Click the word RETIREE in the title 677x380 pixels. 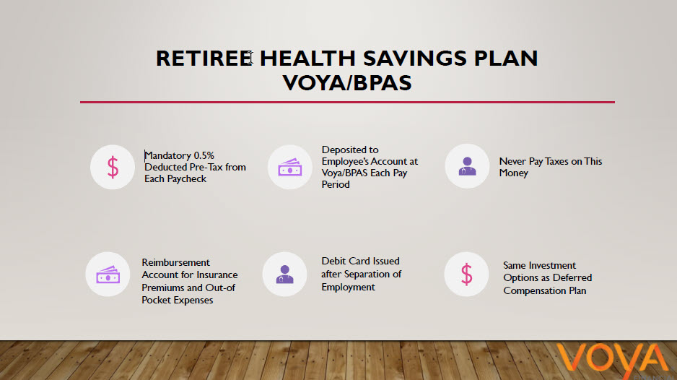point(204,59)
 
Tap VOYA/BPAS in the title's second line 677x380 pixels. point(348,82)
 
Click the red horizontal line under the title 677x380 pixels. point(347,102)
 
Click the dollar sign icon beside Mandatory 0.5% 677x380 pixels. point(113,167)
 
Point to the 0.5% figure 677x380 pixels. point(204,155)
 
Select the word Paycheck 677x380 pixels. point(186,178)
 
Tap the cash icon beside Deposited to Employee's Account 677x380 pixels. point(289,167)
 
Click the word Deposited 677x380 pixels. point(344,150)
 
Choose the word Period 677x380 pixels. point(336,184)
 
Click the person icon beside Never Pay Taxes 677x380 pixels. point(467,166)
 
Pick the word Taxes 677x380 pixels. point(557,161)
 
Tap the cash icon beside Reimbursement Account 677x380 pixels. point(108,274)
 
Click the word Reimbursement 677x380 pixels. point(175,262)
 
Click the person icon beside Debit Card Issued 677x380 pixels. point(285,274)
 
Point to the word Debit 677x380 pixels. point(333,261)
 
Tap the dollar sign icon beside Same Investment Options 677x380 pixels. point(467,274)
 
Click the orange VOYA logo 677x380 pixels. point(613,360)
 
